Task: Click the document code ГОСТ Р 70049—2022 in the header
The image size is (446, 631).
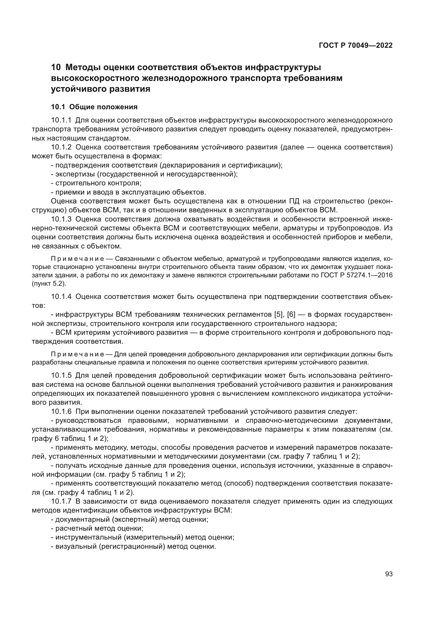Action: [356, 45]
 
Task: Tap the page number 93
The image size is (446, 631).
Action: [389, 574]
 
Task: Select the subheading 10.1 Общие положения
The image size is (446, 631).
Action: [94, 107]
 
